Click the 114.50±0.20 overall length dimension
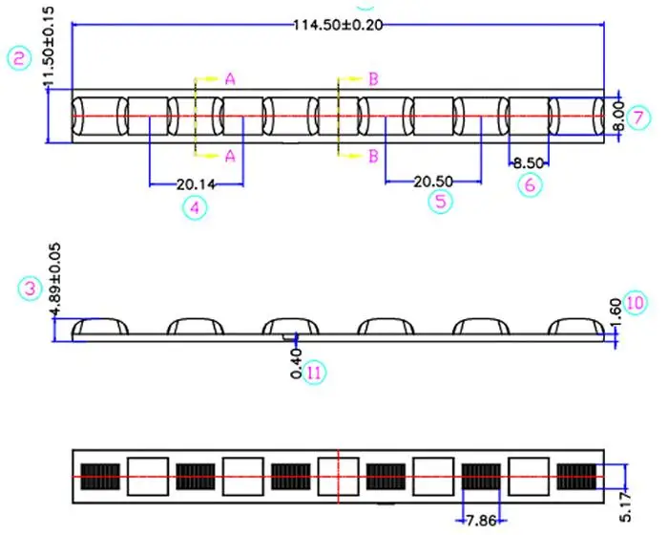(x=338, y=25)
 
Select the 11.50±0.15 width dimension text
(x=49, y=48)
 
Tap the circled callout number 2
(x=20, y=58)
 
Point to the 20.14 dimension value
(x=196, y=184)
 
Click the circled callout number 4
(x=195, y=208)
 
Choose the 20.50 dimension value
(x=433, y=182)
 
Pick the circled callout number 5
(x=441, y=201)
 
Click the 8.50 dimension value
(x=529, y=163)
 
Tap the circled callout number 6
(x=530, y=184)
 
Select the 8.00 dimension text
(x=620, y=117)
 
